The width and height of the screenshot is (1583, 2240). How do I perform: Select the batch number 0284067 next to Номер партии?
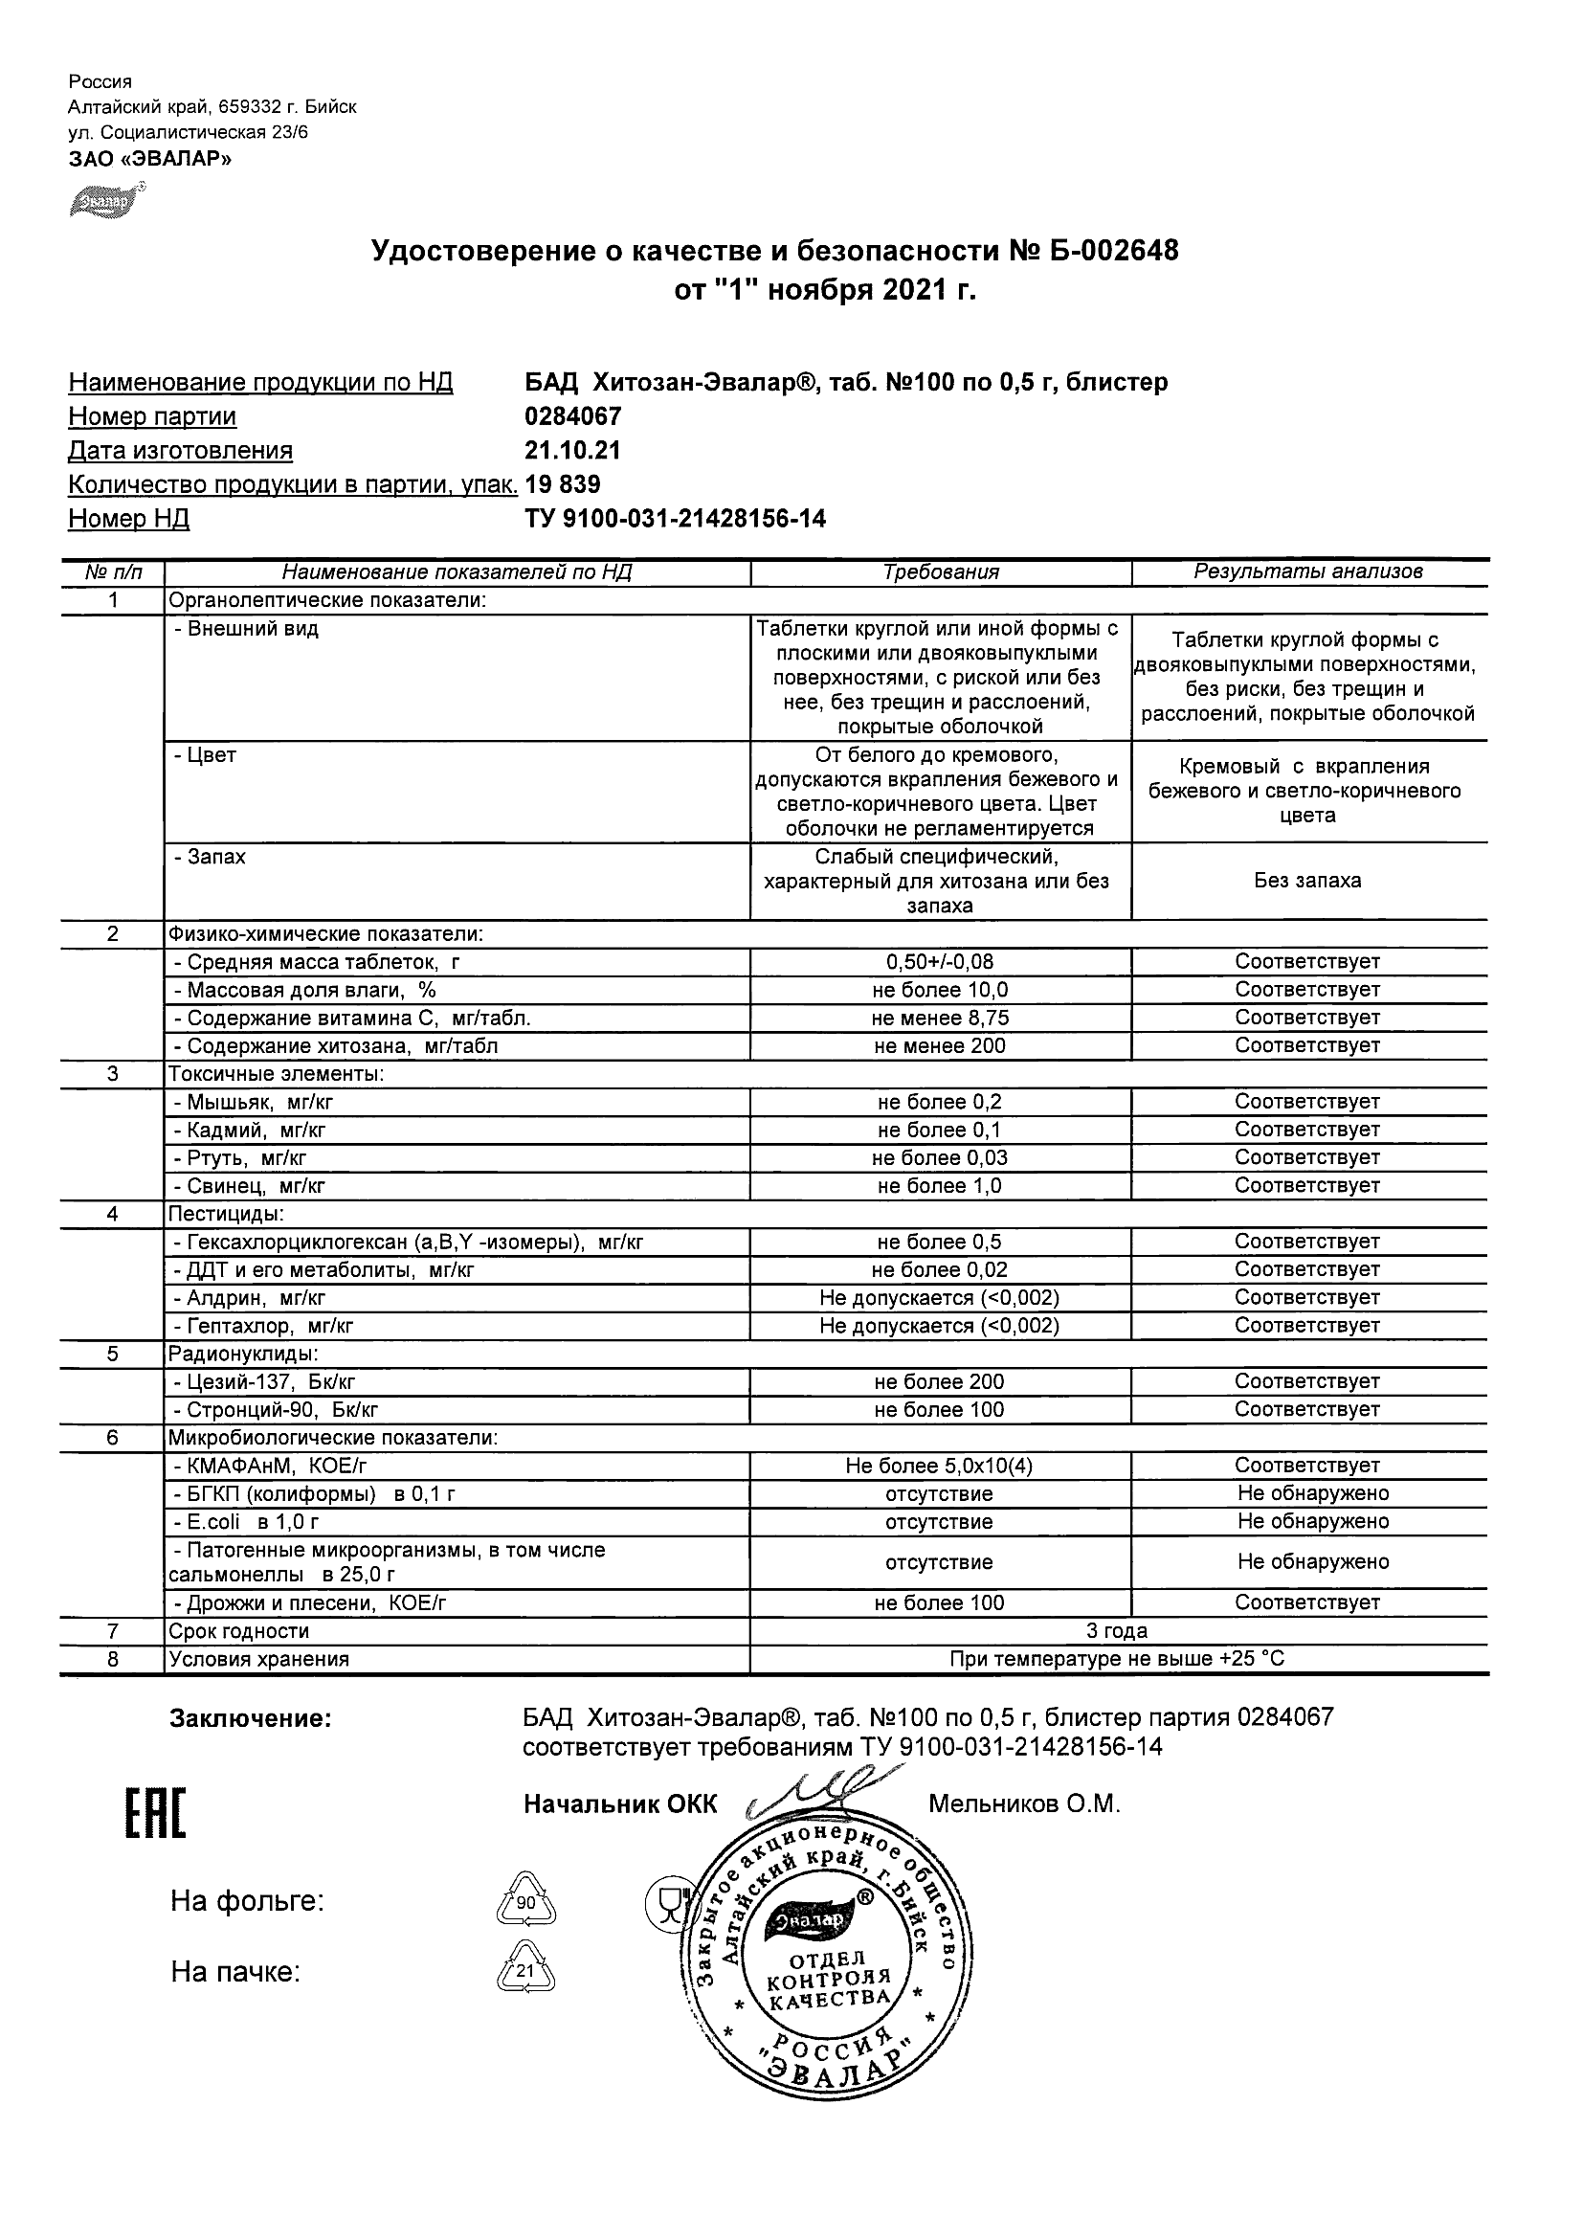tap(572, 416)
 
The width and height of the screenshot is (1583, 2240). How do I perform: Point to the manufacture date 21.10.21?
tap(572, 451)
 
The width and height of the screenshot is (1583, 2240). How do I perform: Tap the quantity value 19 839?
tap(563, 485)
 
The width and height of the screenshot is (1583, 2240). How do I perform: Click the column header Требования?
tap(940, 572)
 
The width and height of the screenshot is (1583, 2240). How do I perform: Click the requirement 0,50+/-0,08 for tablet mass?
tap(940, 962)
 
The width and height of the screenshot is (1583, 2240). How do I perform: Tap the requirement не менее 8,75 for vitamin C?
tap(940, 1019)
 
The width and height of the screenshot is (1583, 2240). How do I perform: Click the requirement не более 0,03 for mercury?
tap(940, 1158)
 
